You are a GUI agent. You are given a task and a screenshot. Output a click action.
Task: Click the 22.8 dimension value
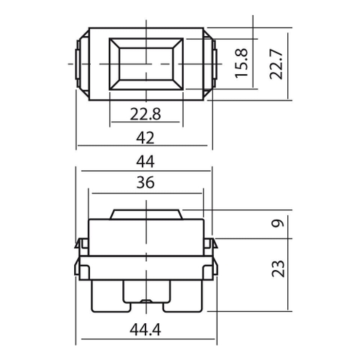coord(145,114)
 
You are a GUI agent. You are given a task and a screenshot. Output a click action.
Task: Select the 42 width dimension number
coord(145,138)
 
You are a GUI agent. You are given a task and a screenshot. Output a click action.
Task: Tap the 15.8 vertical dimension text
coord(241,63)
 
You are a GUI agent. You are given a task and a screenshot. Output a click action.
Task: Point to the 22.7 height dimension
coord(276,64)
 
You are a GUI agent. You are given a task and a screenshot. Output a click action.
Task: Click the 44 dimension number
coord(145,161)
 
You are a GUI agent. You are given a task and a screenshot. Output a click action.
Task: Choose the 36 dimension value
coord(145,182)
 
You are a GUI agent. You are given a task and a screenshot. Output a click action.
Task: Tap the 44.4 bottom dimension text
coord(145,329)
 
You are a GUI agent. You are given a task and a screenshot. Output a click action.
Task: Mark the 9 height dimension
coord(278,223)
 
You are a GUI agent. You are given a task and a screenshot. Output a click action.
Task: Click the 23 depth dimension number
coord(278,268)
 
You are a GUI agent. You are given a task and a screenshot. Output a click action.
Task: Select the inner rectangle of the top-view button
coord(146,64)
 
